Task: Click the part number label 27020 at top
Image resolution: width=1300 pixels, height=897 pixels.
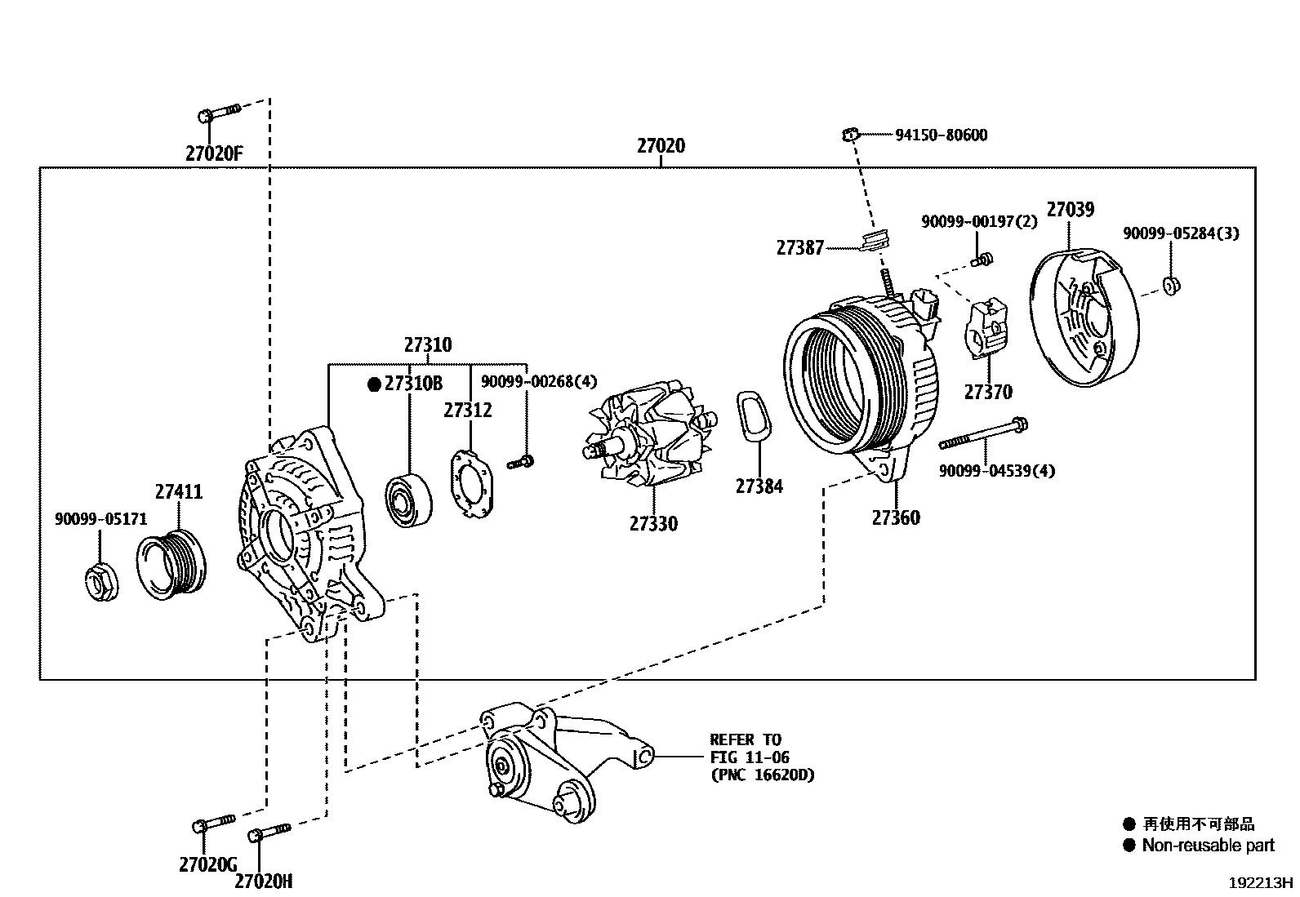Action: click(x=661, y=146)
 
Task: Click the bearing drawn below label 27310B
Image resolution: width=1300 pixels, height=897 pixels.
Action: click(x=408, y=499)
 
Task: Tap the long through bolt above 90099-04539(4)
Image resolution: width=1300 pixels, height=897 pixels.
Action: click(x=984, y=433)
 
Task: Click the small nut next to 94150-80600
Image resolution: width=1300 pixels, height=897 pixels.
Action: click(x=850, y=132)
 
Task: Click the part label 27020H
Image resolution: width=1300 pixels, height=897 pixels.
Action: click(x=263, y=881)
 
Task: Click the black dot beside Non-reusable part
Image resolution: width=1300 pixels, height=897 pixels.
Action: click(x=1129, y=845)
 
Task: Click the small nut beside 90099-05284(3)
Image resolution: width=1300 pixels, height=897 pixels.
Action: click(x=1171, y=285)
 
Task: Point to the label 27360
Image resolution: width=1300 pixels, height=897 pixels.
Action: click(x=895, y=517)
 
